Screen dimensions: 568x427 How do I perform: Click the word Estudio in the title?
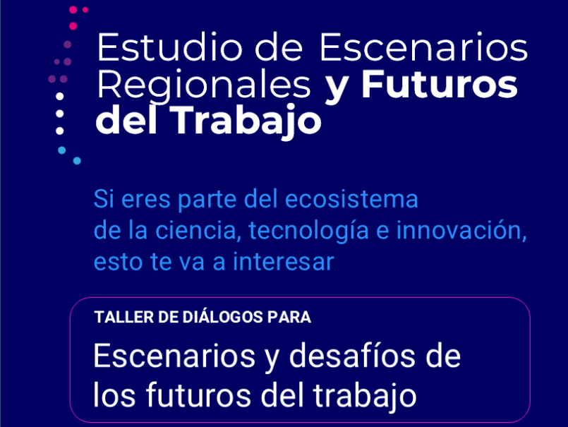click(170, 47)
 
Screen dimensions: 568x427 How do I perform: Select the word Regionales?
click(204, 86)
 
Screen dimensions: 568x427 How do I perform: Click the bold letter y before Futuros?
click(336, 89)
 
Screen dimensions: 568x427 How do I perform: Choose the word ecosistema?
click(351, 199)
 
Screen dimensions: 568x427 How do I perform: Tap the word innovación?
click(461, 231)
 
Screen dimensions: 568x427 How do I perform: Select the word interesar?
click(283, 262)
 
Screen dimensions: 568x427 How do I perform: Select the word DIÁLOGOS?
click(222, 316)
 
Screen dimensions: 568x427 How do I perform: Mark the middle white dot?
click(60, 114)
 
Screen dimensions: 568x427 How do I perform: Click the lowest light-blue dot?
click(77, 161)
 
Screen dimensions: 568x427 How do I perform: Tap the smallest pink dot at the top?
click(85, 10)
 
